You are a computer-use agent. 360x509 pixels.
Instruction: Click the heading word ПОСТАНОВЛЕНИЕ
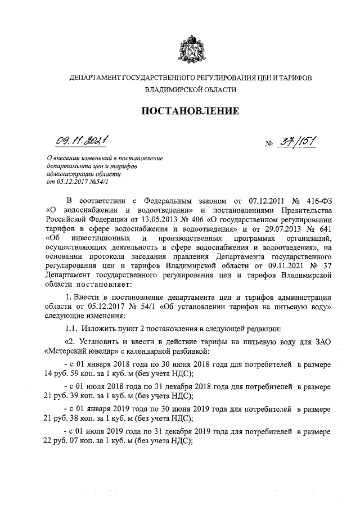(190, 111)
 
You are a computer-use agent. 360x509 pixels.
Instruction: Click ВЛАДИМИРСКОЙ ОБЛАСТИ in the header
(190, 89)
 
